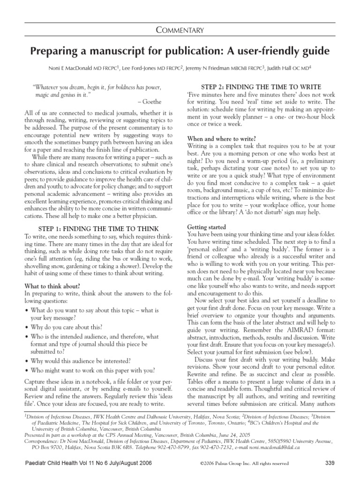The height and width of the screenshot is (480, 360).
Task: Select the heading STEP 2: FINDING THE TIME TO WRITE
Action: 261,87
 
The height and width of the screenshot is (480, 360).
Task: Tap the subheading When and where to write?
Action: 221,138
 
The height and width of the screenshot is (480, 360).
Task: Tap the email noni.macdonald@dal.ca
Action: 290,448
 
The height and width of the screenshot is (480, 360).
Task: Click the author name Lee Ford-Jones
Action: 139,68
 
